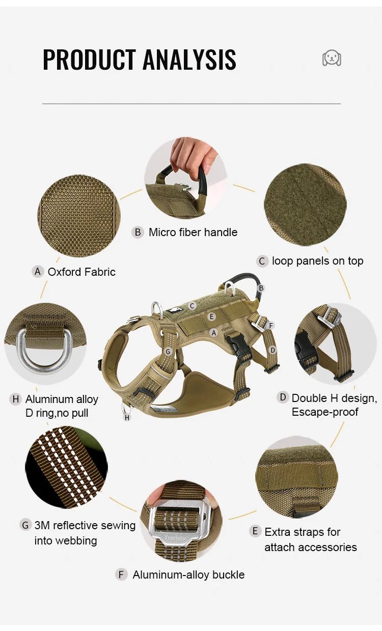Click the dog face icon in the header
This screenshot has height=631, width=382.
point(332,58)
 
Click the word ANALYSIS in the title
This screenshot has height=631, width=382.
point(190,60)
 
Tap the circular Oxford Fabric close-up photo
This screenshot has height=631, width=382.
point(79,216)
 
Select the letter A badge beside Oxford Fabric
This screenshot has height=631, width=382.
point(38,272)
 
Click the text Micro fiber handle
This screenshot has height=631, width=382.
point(193,233)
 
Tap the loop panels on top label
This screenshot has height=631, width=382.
point(317,261)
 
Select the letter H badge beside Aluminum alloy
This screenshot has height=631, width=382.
point(15,399)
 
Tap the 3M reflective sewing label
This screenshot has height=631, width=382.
point(85,526)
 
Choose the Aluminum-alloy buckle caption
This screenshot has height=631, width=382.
point(188,575)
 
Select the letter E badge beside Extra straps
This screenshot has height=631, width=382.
point(255,531)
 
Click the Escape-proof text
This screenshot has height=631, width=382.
point(325,412)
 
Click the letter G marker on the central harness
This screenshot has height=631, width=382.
point(168,352)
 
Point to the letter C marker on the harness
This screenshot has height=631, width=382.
point(192,306)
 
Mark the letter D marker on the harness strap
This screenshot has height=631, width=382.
point(272,350)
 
